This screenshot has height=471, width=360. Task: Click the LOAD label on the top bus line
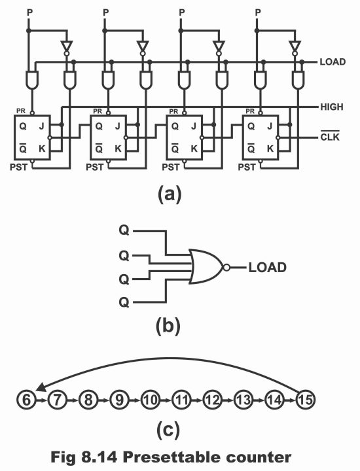point(333,62)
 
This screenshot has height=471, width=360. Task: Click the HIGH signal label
point(331,107)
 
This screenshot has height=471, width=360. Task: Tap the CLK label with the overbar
point(330,137)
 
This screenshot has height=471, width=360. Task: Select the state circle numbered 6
point(26,400)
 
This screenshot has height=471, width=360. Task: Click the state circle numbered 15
point(305,400)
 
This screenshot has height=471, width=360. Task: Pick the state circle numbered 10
point(151,400)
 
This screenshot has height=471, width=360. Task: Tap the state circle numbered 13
point(243,400)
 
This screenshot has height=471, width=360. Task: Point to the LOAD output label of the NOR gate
point(268,268)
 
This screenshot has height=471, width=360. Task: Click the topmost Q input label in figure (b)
point(124,231)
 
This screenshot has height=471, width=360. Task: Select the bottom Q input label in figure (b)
point(124,302)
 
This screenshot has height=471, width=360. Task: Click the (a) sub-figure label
point(170,194)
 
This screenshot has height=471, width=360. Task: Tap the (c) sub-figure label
point(168,430)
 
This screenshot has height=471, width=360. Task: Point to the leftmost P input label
point(29,12)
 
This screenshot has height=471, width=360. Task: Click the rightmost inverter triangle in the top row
point(295,46)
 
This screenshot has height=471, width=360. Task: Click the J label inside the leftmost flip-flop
point(41,126)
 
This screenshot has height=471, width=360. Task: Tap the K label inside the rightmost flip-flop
point(270,148)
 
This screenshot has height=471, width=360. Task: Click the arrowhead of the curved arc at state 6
point(41,387)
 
